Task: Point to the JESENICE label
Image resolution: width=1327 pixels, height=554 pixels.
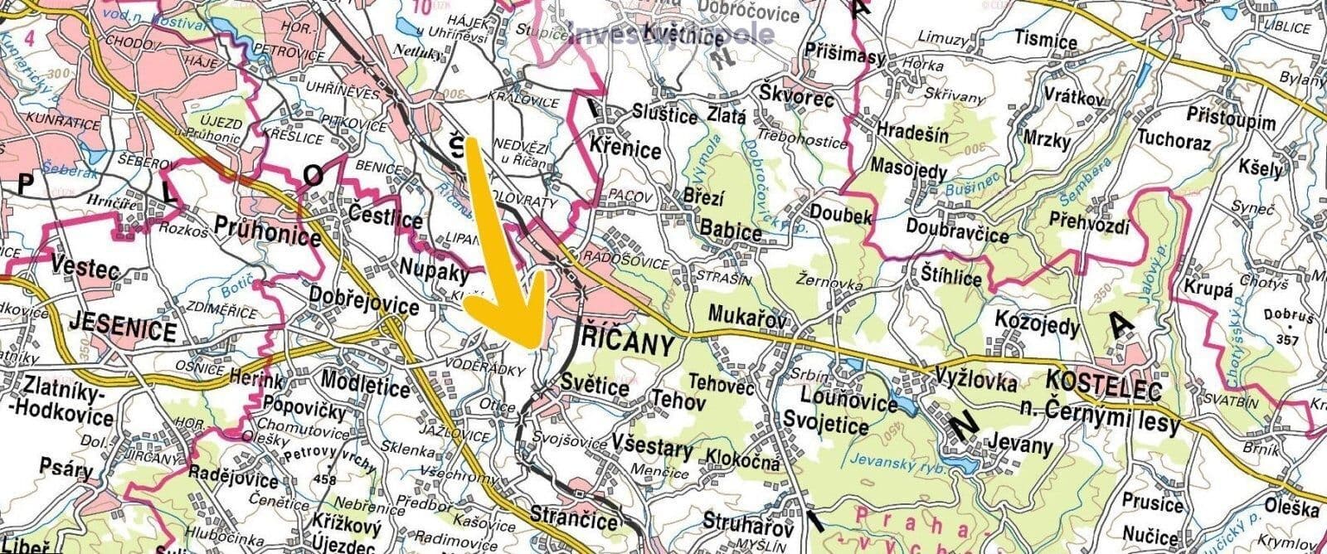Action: coord(124,333)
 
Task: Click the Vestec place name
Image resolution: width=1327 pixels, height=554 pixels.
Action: coord(85,270)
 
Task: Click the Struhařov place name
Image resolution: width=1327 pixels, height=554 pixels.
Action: coord(742,521)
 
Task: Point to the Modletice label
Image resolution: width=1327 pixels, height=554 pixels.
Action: coord(365,387)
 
